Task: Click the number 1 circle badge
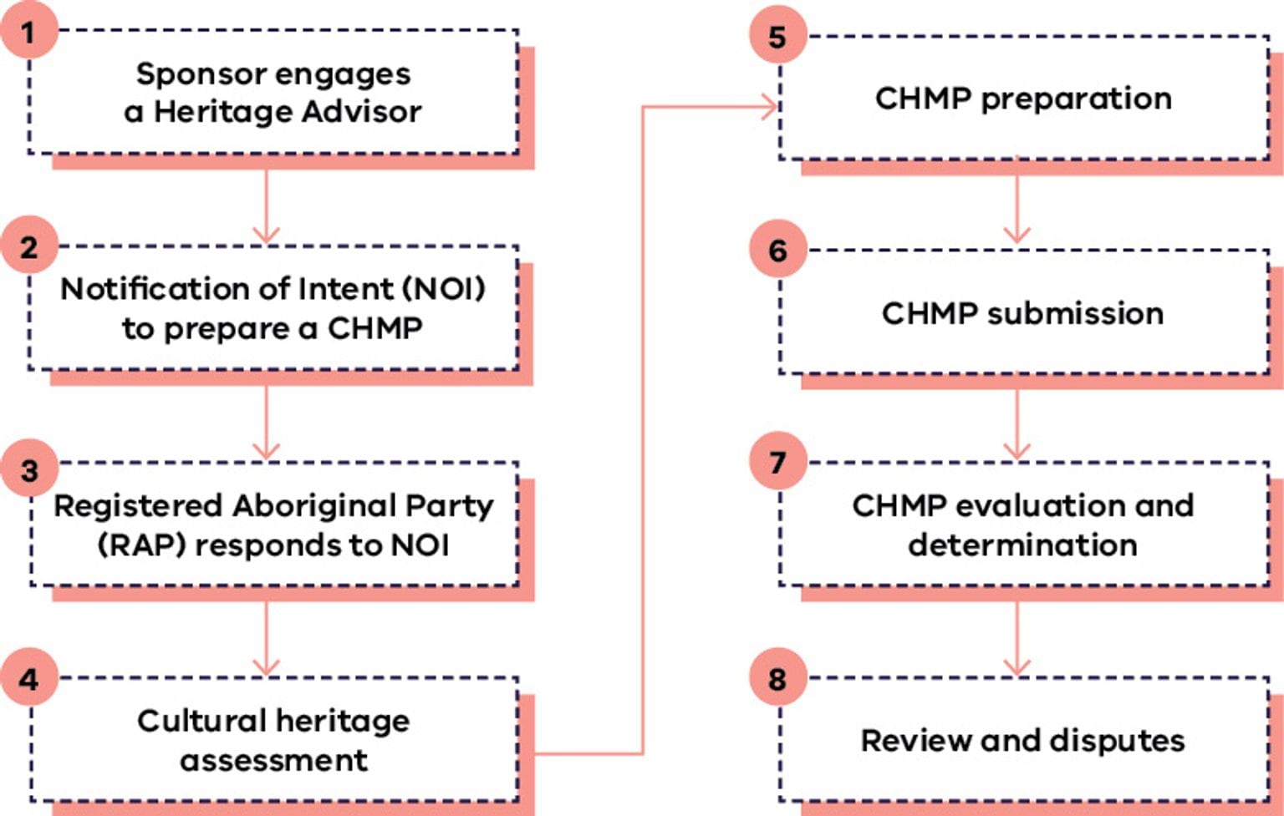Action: click(29, 33)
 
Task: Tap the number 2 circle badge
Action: click(29, 247)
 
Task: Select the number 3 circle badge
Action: click(29, 470)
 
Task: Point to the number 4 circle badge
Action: click(29, 678)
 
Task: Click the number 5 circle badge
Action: click(777, 37)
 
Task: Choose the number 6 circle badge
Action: click(777, 250)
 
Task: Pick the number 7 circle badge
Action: click(777, 462)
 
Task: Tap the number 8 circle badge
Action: click(777, 678)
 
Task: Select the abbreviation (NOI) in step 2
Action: click(444, 289)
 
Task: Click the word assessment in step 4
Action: click(273, 760)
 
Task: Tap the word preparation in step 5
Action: click(1076, 99)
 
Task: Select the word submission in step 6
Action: click(1075, 314)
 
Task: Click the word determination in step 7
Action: click(1022, 545)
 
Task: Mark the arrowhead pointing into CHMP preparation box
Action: click(767, 107)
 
